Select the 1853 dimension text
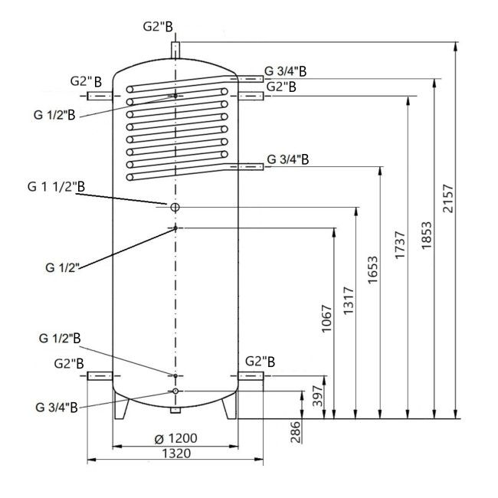pos(427,237)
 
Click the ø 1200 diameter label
pos(176,438)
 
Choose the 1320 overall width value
pos(175,453)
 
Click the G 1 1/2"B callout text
pos(57,186)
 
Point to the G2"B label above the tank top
pos(158,26)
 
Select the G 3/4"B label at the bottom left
pos(56,406)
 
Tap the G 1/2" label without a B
pos(62,267)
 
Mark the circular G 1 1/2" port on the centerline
pos(175,208)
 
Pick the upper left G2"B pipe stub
pos(100,96)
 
